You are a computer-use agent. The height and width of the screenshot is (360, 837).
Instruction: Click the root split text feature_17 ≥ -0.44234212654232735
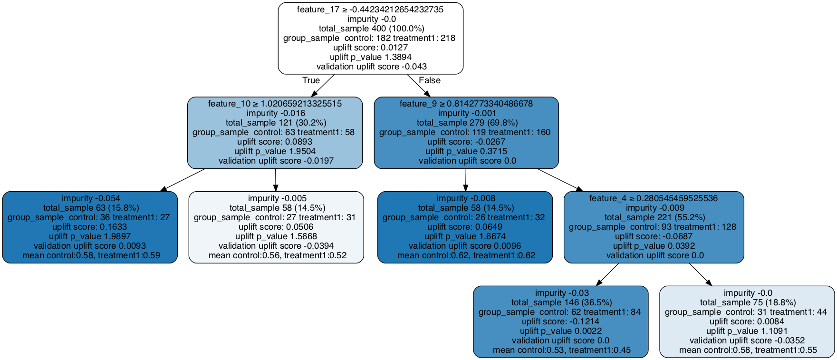(x=370, y=10)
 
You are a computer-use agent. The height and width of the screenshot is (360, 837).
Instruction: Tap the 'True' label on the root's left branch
(x=311, y=80)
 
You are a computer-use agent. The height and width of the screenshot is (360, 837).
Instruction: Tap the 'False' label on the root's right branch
(x=429, y=80)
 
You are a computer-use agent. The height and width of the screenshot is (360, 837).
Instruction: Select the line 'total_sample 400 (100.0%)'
(x=370, y=29)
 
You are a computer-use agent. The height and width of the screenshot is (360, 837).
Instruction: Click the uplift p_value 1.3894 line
(x=370, y=57)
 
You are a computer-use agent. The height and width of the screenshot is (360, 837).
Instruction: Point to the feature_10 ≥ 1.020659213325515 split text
(x=275, y=104)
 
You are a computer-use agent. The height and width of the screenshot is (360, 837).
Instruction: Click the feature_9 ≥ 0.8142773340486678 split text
(x=466, y=104)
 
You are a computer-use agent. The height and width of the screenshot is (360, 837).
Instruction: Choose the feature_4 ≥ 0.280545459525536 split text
(x=653, y=198)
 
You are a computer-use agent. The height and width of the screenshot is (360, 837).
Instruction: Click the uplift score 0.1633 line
(x=90, y=227)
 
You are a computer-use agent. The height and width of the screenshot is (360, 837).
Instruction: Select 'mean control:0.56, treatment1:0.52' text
(x=277, y=255)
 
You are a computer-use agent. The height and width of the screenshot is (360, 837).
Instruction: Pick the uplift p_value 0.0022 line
(x=560, y=331)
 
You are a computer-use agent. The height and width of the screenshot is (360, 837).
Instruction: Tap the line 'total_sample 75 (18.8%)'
(x=747, y=302)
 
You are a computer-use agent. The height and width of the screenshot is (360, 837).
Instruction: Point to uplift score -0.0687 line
(x=653, y=236)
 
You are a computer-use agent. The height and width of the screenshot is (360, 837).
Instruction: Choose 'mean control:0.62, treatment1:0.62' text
(x=466, y=255)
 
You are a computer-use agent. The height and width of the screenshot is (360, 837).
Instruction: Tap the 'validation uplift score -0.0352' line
(x=747, y=341)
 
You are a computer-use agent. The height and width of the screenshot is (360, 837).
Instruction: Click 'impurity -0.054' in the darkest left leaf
(x=90, y=198)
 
